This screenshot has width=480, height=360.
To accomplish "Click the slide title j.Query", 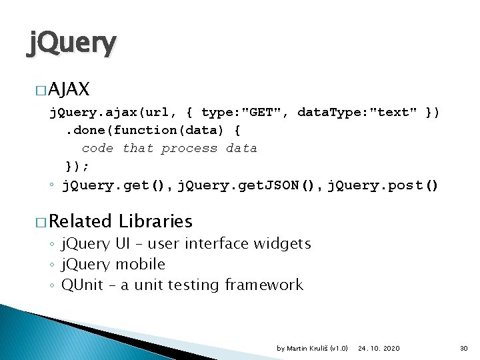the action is coord(71,44).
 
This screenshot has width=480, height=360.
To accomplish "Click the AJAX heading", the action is coord(69,89).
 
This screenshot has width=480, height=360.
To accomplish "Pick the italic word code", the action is coord(97,148).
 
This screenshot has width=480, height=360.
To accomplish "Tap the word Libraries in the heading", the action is coord(155,221).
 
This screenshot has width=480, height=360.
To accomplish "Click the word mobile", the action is coord(140,265).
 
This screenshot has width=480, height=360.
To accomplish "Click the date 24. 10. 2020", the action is coord(379,348).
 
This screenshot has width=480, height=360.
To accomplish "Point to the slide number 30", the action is coord(464,348).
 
